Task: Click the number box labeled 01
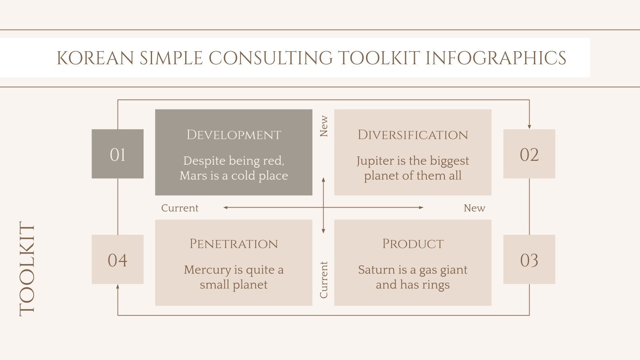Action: click(x=118, y=154)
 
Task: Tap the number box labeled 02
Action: click(x=529, y=154)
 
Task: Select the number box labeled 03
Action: click(x=529, y=260)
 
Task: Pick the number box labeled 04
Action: click(x=118, y=260)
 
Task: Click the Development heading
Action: click(x=234, y=135)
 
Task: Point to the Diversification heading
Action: click(x=412, y=135)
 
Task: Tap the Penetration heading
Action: click(x=234, y=244)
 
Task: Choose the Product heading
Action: click(x=412, y=244)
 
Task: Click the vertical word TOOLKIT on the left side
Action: click(x=27, y=269)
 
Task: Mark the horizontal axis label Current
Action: click(x=180, y=208)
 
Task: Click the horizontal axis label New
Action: click(x=474, y=208)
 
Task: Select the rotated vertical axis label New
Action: click(x=324, y=126)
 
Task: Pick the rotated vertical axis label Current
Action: click(x=324, y=280)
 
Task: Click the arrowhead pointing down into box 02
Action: click(x=529, y=126)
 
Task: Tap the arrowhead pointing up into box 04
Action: click(x=118, y=286)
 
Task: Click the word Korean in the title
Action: click(x=95, y=58)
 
